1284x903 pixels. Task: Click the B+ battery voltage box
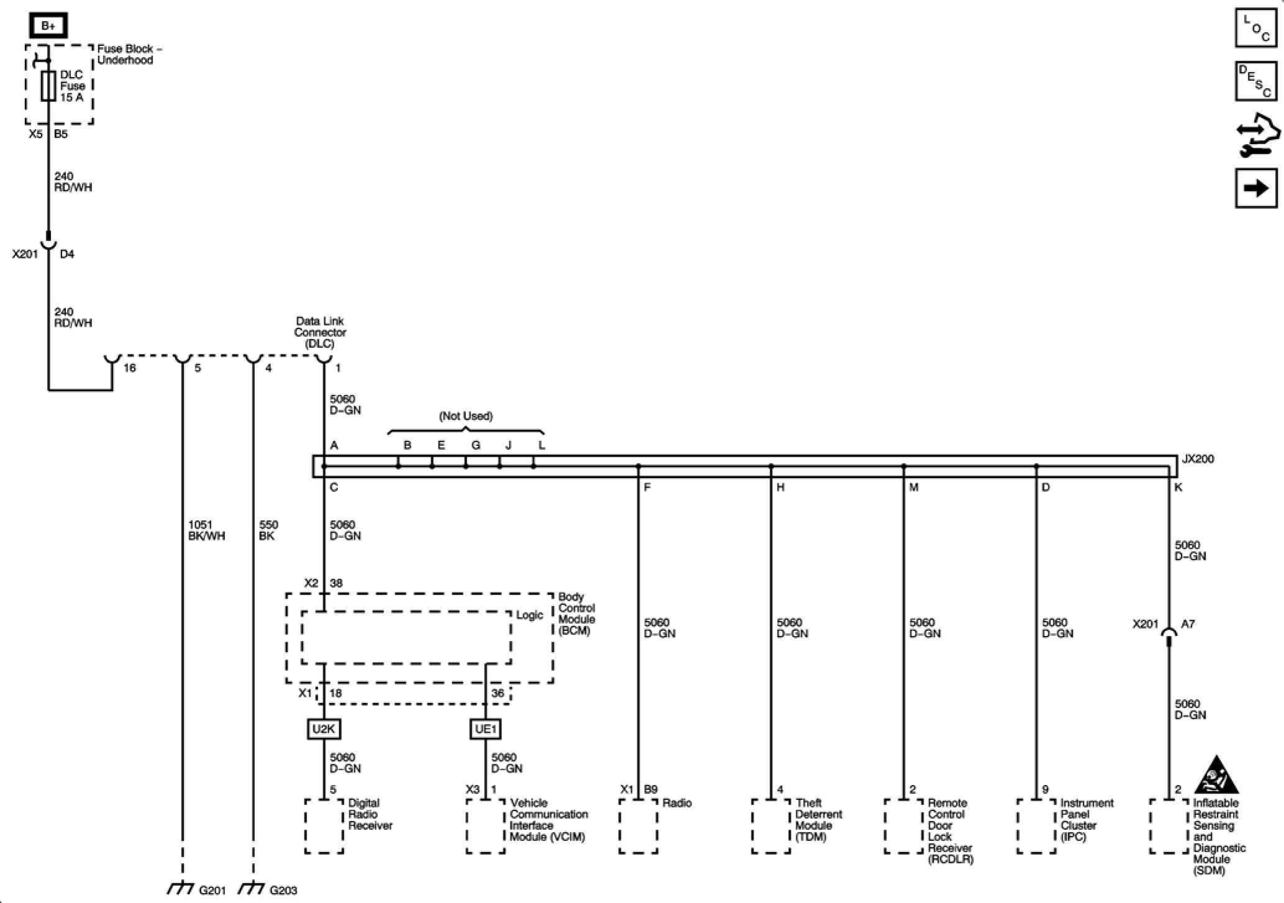tap(48, 25)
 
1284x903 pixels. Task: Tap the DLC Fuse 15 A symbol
tap(48, 86)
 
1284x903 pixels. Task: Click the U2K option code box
tap(324, 729)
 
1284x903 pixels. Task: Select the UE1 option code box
tap(485, 729)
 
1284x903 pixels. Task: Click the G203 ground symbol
tap(252, 889)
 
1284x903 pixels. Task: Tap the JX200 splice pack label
tap(1197, 459)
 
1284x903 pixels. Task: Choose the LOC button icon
tap(1255, 28)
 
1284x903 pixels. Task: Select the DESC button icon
tap(1255, 81)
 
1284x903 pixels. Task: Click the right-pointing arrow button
tap(1255, 188)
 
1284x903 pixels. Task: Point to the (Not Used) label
tap(466, 416)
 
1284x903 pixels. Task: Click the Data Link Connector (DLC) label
tap(320, 332)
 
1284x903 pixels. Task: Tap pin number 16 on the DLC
tap(129, 368)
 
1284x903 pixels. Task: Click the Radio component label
tap(676, 803)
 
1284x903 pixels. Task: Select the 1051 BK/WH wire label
tap(206, 530)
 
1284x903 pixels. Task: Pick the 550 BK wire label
tap(268, 530)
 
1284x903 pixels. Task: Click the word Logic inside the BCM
tap(529, 615)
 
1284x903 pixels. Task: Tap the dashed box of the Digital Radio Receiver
tap(324, 826)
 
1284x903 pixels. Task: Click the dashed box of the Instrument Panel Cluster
tap(1036, 826)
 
